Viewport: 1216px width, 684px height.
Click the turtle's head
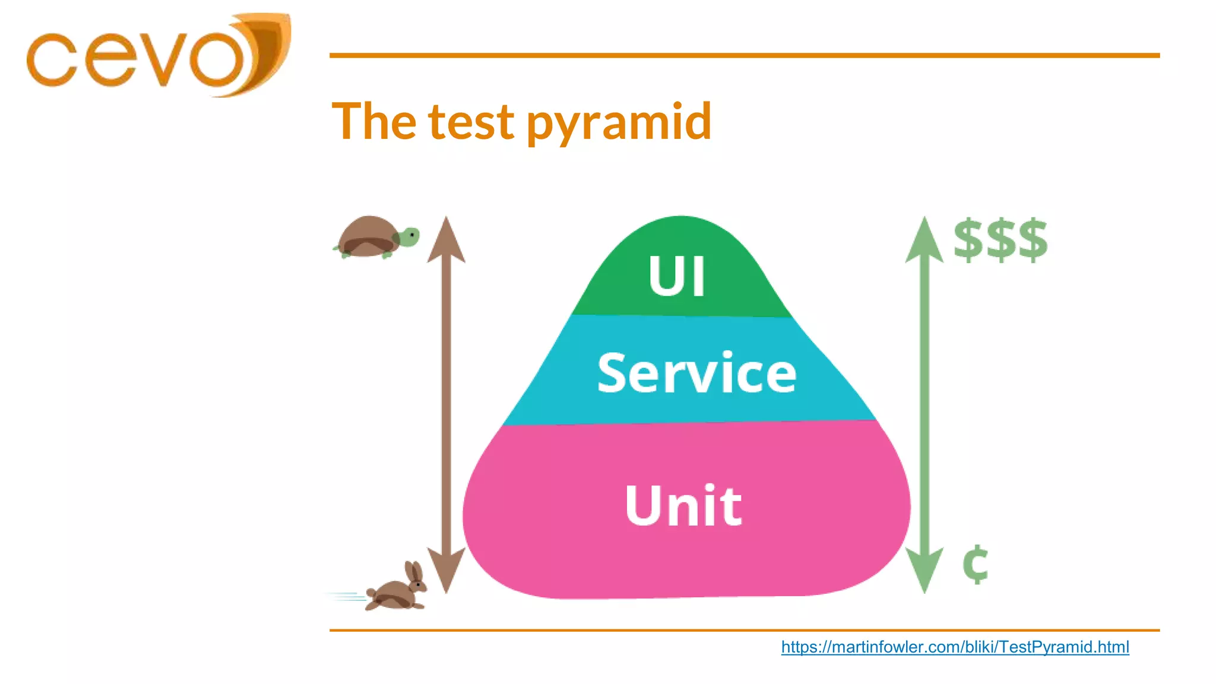click(x=409, y=237)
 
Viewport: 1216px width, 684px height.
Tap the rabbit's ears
click(x=413, y=571)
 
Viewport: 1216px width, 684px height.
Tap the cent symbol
click(x=975, y=564)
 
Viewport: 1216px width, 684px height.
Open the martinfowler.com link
click(x=955, y=647)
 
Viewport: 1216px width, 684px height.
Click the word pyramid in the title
click(x=619, y=122)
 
